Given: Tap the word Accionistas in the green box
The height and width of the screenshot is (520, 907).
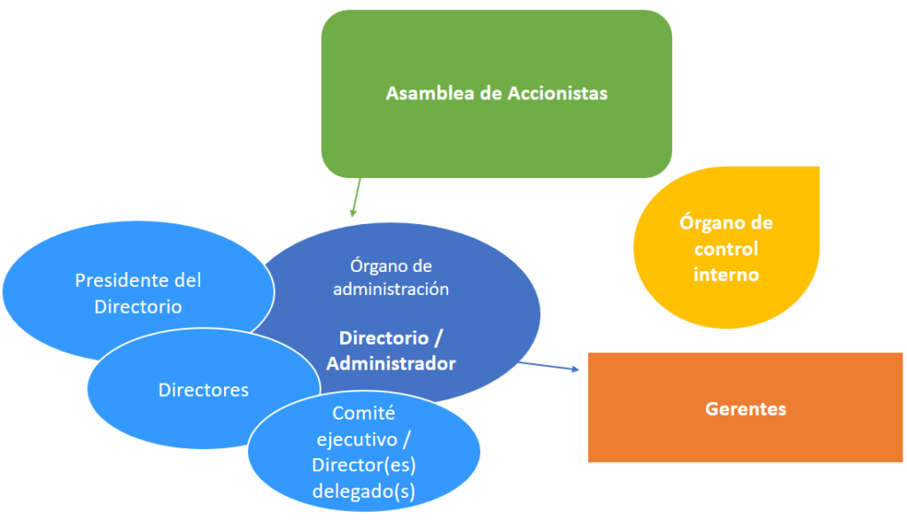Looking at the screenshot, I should coord(557,93).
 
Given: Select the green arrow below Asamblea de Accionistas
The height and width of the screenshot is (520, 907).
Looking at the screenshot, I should coord(356,197).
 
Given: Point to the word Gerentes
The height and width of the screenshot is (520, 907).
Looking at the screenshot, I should coord(746,409).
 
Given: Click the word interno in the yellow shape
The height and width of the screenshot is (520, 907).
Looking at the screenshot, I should coord(725,275).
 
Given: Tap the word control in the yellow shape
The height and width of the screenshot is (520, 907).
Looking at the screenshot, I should coord(725,249).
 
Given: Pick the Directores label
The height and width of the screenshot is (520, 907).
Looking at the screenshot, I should coord(204,390).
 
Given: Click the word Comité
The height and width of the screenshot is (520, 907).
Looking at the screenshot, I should coord(363,413).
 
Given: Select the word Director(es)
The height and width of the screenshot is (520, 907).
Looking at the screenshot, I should coord(364,465).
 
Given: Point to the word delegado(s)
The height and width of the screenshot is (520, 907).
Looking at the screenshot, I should coord(364,491).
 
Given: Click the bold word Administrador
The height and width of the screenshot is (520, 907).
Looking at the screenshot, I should coord(391,363).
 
